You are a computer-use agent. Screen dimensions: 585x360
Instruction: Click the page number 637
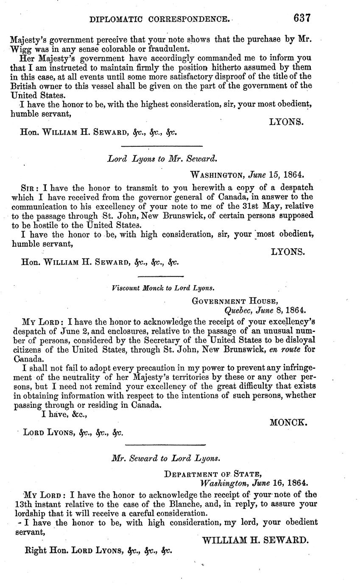301,18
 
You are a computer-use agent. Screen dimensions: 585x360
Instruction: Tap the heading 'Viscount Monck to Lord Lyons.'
163,288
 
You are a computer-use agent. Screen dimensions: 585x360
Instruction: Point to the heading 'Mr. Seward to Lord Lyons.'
165,458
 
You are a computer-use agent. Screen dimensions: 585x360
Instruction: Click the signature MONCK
288,422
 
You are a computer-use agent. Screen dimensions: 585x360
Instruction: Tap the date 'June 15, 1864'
275,174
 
